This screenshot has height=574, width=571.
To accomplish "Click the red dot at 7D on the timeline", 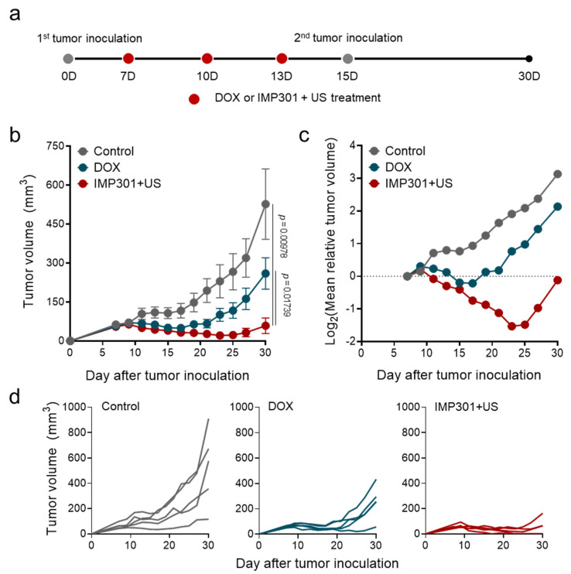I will coord(128,59).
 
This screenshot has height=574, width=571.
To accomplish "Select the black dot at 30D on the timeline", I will coord(529,59).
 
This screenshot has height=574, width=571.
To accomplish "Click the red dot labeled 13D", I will coord(282,59).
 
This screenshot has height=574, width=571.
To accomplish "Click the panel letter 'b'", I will coord(15,135).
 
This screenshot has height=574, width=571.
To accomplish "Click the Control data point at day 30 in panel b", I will coord(265,204).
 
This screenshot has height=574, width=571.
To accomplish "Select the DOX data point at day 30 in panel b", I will coord(265,273).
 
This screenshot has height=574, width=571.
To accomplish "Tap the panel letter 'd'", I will coord(15,398).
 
